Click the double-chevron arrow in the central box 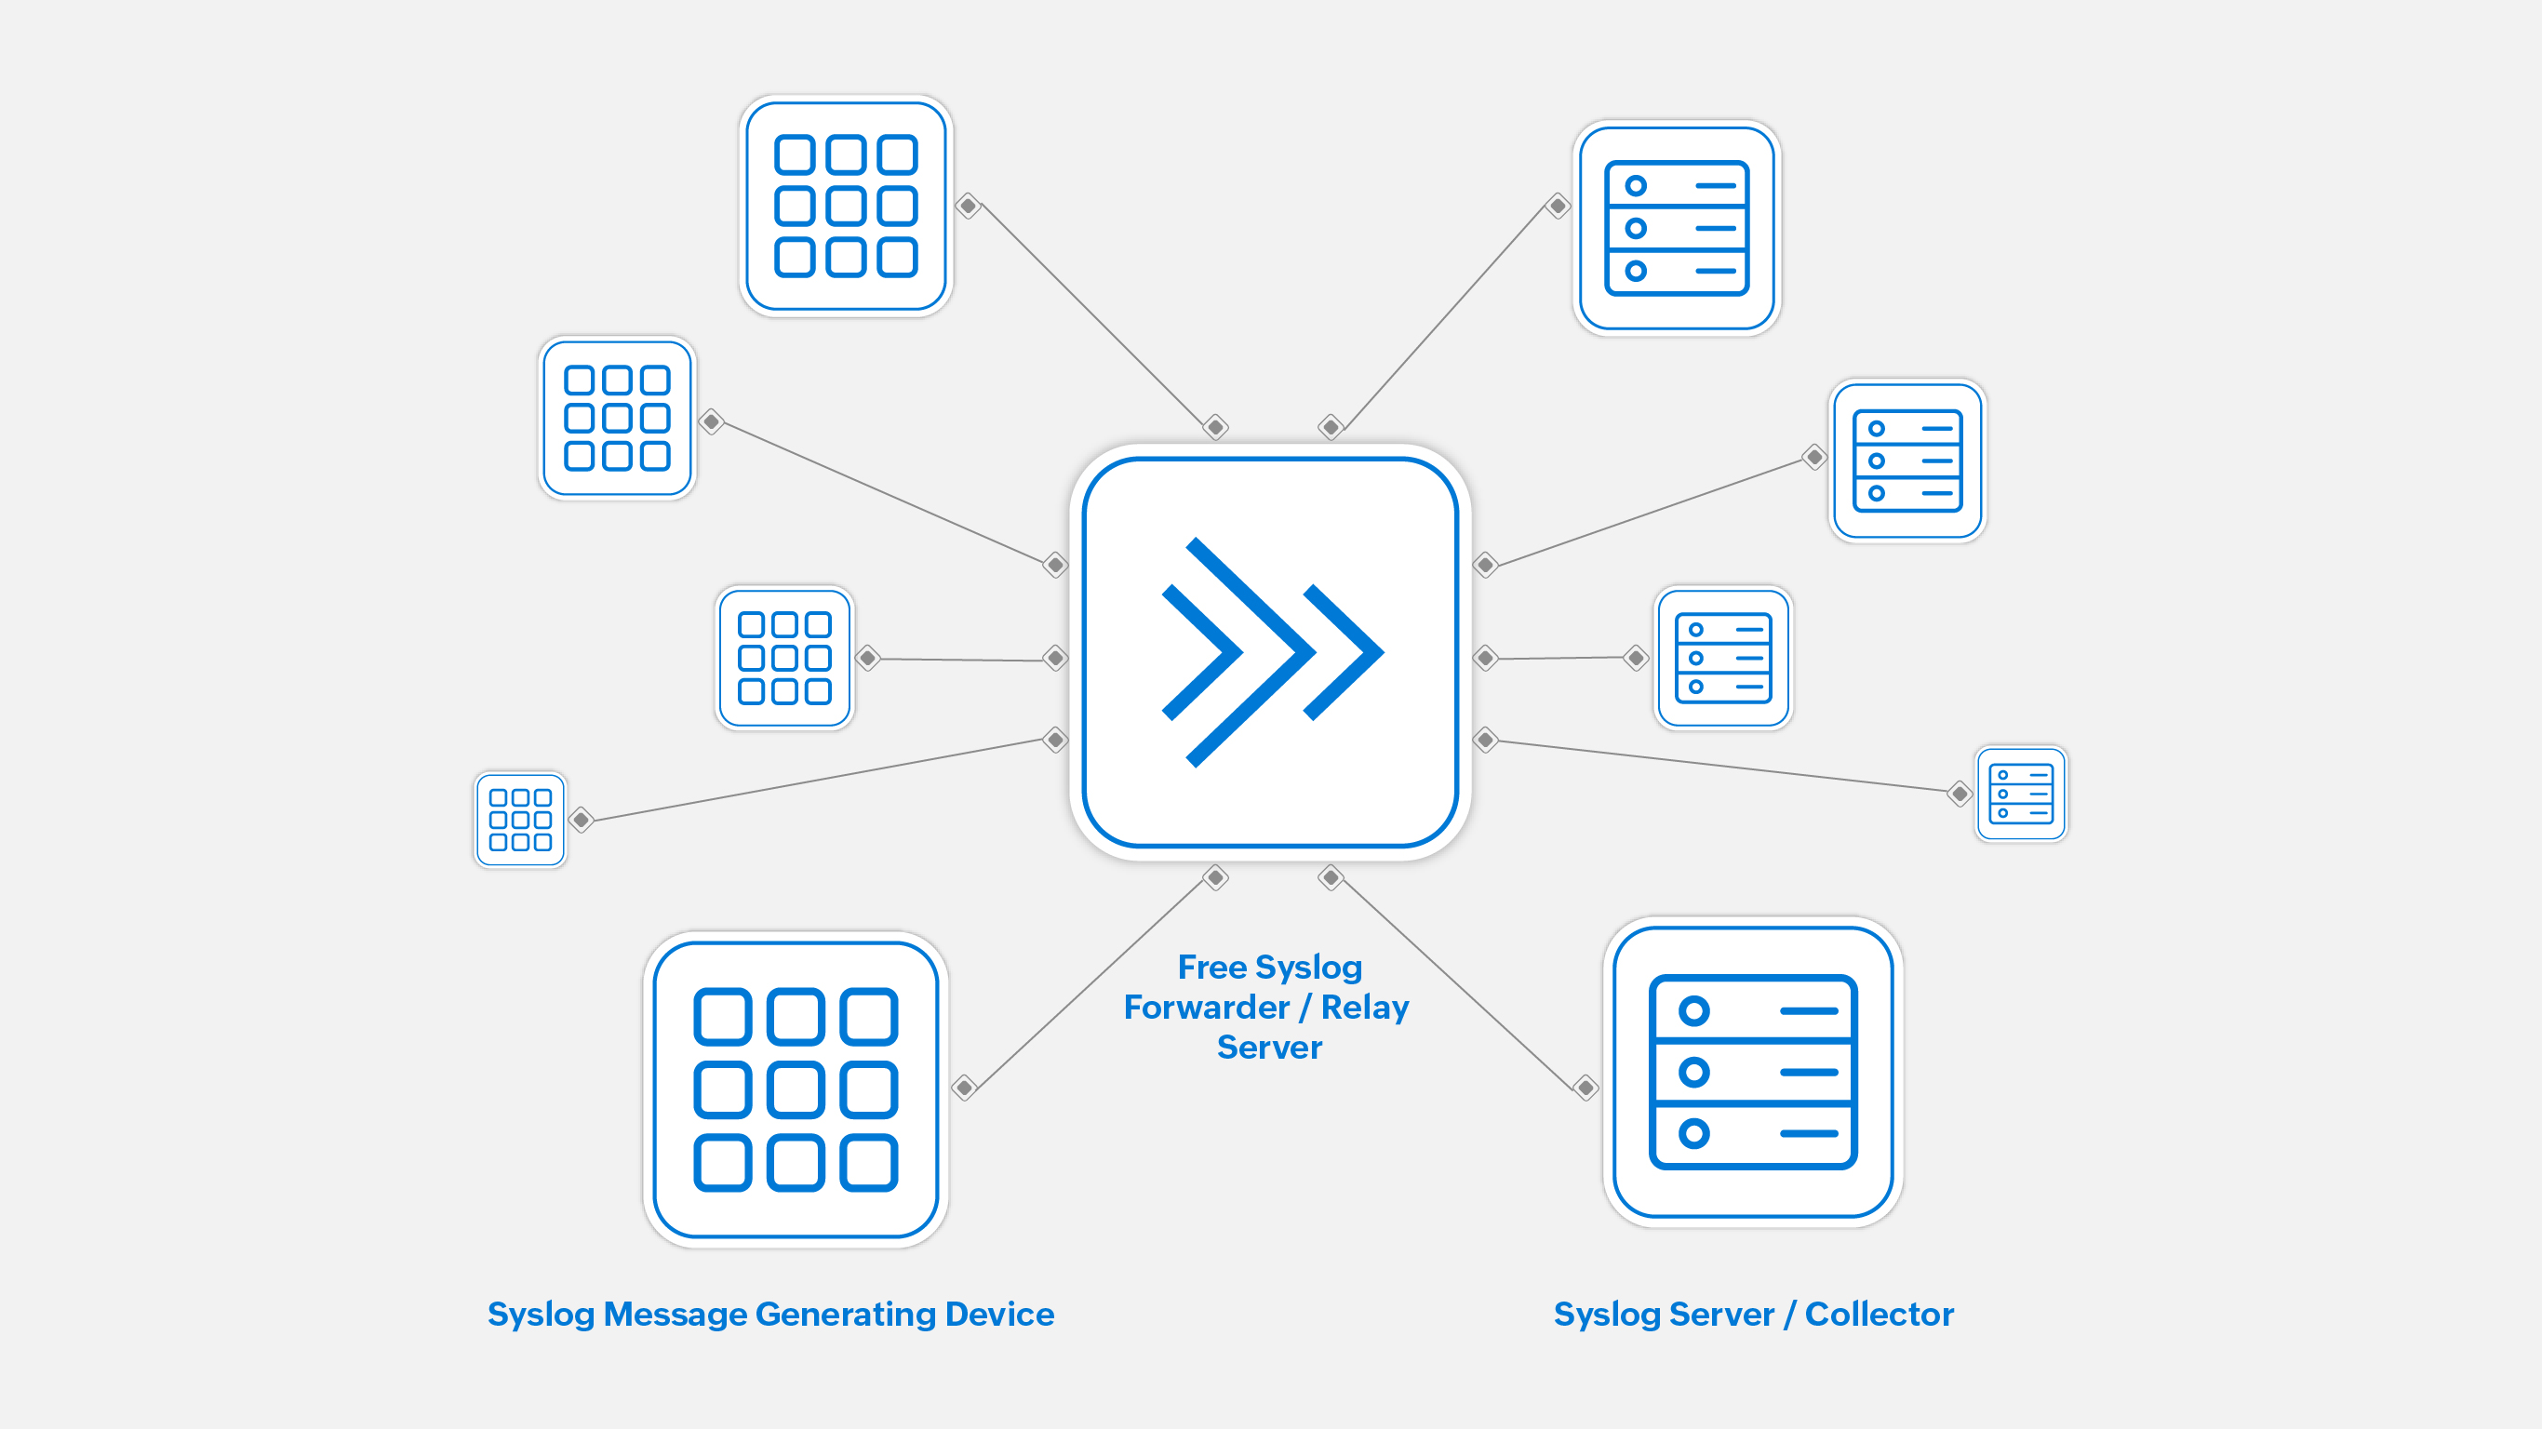tap(1272, 652)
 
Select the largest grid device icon tap(796, 1089)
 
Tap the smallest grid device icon tap(520, 821)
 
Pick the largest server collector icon tap(1753, 1072)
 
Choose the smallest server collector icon tap(2021, 794)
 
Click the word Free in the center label tap(1211, 968)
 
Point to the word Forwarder tap(1206, 1008)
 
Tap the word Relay tap(1365, 1008)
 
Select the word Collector tap(1879, 1315)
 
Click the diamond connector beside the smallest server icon tap(1960, 794)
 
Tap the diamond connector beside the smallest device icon tap(582, 819)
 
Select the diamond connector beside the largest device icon tap(964, 1088)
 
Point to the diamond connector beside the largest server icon tap(1585, 1088)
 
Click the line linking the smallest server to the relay tap(1722, 767)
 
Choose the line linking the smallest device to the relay tap(819, 780)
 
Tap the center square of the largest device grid tap(796, 1089)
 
